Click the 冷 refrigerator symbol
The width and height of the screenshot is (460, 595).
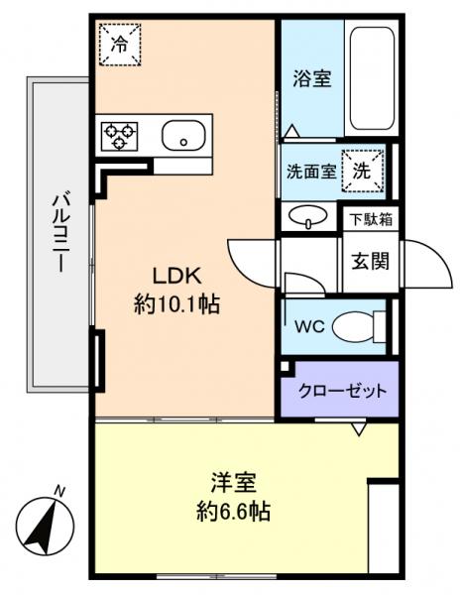click(x=119, y=43)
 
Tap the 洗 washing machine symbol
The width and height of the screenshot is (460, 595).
click(x=362, y=170)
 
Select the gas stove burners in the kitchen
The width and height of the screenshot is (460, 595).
click(x=119, y=135)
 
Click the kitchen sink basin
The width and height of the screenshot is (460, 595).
click(x=183, y=136)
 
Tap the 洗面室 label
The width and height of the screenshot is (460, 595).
click(x=309, y=171)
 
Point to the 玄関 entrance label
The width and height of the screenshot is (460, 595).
click(x=370, y=263)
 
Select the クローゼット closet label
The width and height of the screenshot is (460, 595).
click(x=342, y=390)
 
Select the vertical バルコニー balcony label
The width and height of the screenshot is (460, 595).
click(x=57, y=233)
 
